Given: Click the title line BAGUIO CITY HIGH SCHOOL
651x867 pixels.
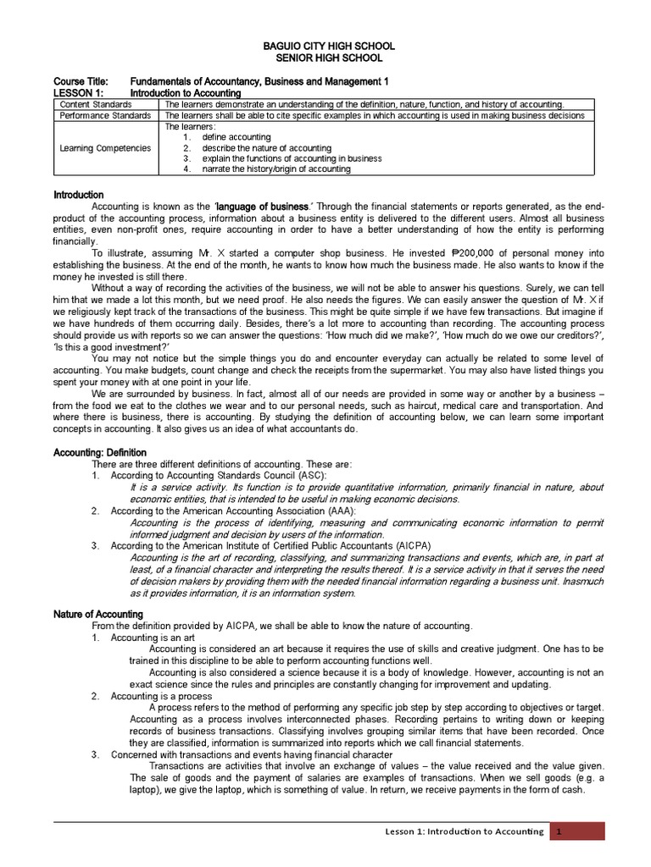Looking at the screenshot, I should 325,46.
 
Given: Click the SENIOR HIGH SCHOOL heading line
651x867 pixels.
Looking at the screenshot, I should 325,58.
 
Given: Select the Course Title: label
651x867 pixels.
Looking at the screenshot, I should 81,81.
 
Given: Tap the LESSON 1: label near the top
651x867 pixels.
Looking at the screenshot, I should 79,92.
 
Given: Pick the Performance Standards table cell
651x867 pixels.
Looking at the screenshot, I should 105,115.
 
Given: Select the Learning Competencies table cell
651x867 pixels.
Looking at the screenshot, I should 105,148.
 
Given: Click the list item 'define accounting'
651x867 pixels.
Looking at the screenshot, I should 236,137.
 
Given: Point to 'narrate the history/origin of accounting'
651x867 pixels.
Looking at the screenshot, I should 276,168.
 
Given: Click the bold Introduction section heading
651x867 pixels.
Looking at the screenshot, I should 79,195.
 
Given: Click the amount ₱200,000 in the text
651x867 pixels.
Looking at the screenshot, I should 481,252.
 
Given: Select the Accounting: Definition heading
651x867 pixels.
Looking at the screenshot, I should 100,453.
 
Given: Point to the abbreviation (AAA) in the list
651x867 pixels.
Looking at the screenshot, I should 339,511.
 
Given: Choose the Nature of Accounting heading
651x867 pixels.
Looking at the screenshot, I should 98,614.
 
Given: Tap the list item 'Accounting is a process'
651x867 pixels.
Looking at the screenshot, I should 160,695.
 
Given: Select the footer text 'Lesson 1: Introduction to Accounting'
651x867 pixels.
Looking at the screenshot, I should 464,831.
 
